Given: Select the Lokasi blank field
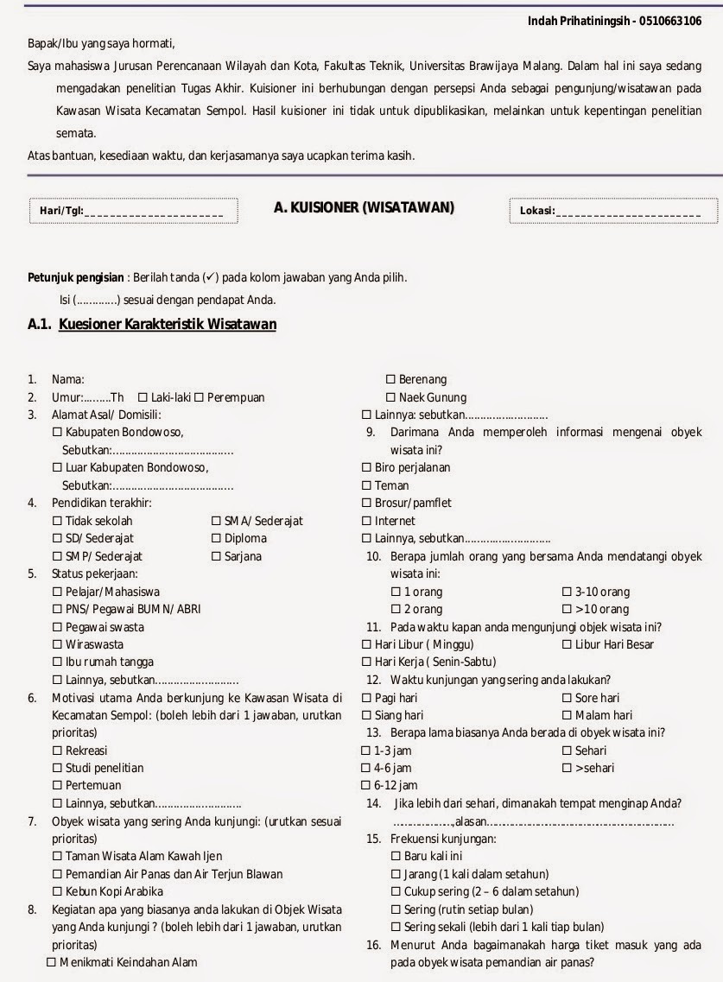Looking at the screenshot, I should coord(636,212).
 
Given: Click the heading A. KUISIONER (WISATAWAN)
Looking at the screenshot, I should coord(364,207).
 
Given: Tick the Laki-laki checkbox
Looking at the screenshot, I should coord(143,397).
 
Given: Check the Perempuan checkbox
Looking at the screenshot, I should coord(199,397).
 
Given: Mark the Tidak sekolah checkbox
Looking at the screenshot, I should coord(58,521).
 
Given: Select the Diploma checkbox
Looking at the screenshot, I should coord(217,538).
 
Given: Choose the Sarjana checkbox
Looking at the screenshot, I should coord(217,556).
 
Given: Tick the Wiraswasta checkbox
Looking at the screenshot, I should coord(58,644).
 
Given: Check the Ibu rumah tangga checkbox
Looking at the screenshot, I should coord(58,662).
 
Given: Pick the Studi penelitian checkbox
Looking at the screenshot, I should coord(58,768).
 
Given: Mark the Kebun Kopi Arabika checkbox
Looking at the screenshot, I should coord(58,891).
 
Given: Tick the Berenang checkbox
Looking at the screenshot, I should coord(390,379).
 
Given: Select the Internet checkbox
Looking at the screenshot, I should coord(366,521).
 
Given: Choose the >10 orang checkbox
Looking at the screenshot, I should coord(568,609).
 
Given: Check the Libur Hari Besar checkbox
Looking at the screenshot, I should coord(568,644).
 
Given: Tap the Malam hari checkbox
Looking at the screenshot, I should coord(568,715).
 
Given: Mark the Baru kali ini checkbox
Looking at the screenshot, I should coord(396,856).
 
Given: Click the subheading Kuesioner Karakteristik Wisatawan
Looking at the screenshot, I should coord(168,325).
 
